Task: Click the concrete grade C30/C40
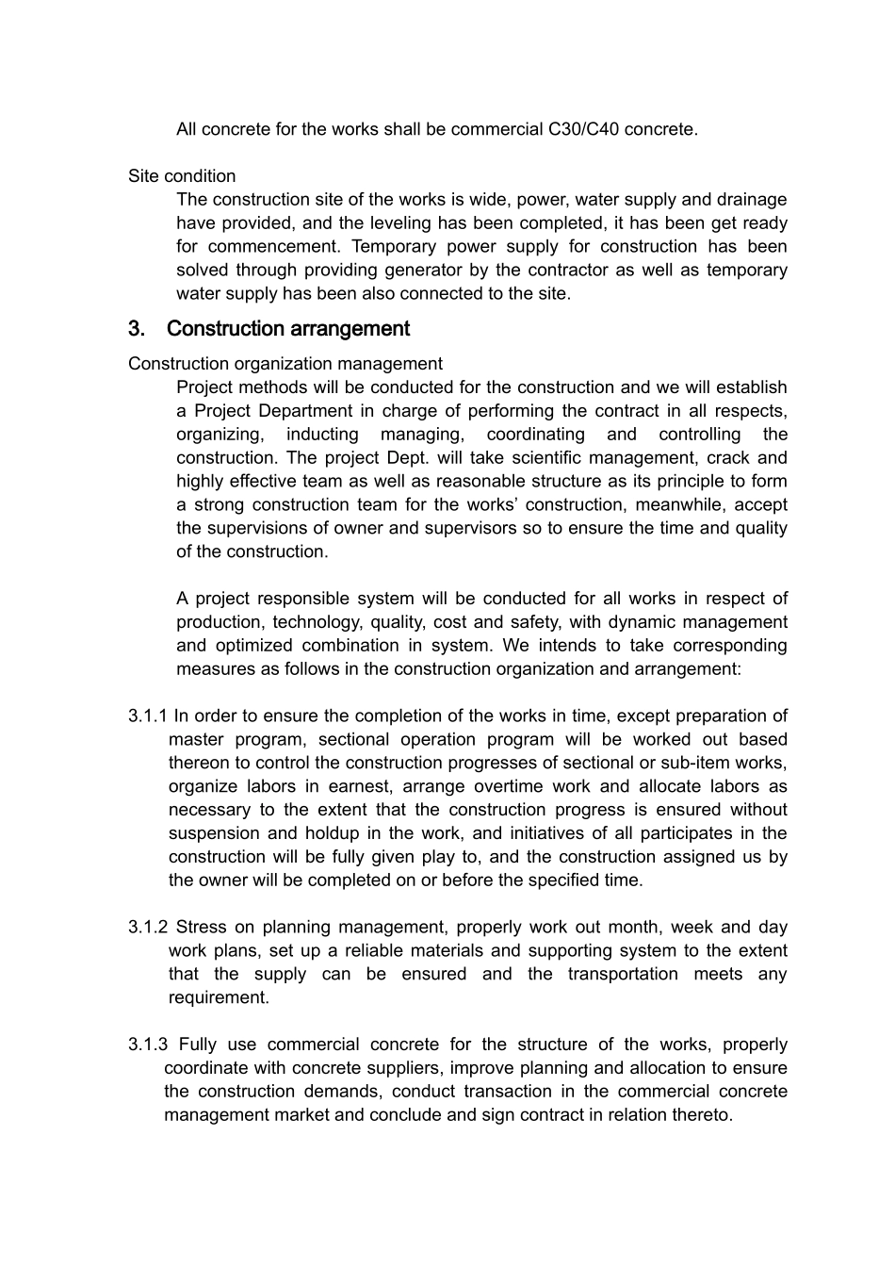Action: [x=583, y=129]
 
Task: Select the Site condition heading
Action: [x=182, y=176]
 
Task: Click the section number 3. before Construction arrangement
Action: [x=137, y=329]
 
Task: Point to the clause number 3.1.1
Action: [x=148, y=716]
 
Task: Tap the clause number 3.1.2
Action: [x=148, y=928]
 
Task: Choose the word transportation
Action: [x=622, y=975]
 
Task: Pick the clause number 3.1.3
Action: [x=148, y=1045]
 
